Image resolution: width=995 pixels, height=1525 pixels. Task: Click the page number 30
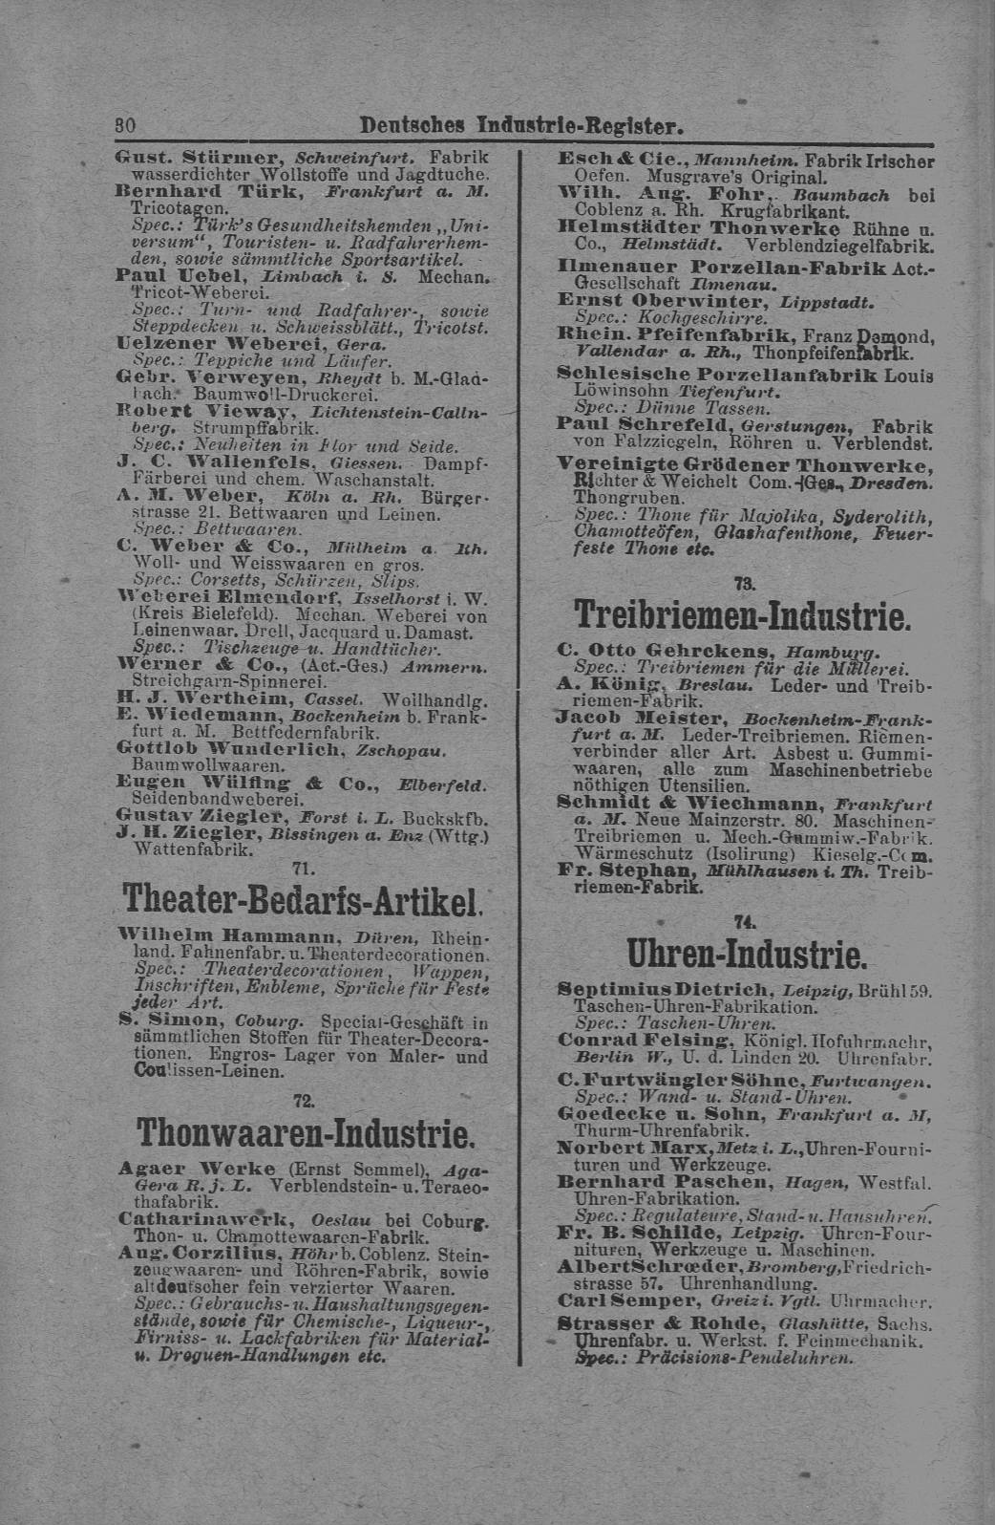124,125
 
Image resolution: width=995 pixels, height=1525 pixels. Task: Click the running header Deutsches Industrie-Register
521,125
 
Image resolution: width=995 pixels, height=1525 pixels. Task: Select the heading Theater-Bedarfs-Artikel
301,898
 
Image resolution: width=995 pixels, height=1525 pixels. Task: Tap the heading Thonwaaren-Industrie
306,1133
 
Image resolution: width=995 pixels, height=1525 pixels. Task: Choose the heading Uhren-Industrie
746,955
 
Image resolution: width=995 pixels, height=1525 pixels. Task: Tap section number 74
745,921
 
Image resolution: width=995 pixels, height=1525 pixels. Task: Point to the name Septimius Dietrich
665,989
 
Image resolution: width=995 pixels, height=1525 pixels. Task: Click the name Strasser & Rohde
661,1323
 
